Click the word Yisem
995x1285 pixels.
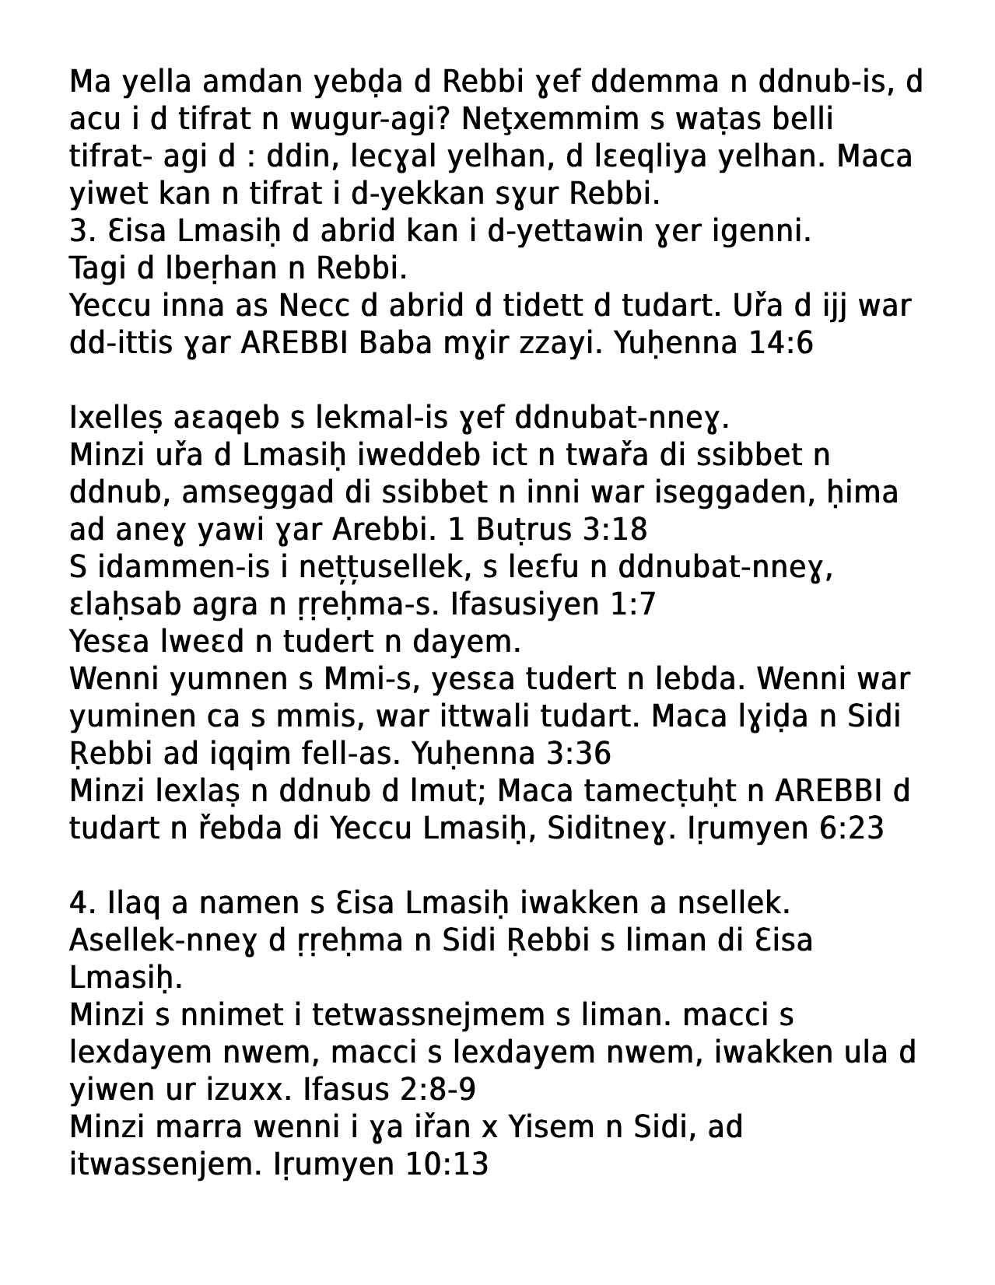click(x=552, y=1127)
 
